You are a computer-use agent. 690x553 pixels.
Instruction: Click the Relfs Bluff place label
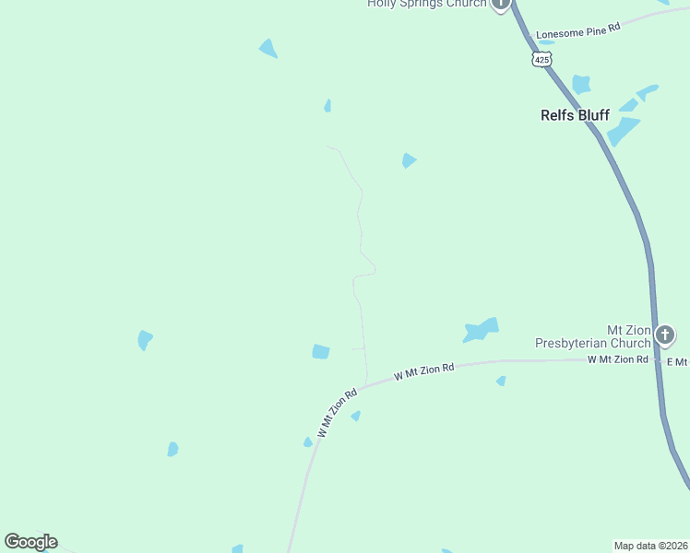coord(575,115)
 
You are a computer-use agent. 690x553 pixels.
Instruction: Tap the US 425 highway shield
coord(541,59)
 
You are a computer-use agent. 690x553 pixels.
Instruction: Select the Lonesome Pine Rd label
coord(578,30)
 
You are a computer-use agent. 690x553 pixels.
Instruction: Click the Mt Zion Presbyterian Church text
coord(592,336)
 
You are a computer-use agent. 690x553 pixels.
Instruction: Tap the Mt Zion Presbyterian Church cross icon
coord(665,334)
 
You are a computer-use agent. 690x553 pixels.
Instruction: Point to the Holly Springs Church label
coord(426,4)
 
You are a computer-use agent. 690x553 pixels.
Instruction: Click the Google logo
coord(30,542)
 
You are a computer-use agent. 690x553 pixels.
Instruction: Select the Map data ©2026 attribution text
coord(650,546)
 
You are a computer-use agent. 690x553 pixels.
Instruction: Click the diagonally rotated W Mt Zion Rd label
coord(337,413)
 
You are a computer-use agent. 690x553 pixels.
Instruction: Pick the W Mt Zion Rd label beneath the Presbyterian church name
coord(617,359)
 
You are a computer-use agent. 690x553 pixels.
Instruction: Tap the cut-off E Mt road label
coord(677,359)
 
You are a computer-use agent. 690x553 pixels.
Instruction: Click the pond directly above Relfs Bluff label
coord(580,85)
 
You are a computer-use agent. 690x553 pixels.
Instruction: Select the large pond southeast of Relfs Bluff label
coord(624,130)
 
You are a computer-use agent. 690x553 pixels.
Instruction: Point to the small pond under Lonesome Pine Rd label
coord(546,42)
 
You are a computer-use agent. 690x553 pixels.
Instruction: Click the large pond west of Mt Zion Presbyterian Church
coord(482,329)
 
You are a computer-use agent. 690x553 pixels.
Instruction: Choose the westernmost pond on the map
coord(144,340)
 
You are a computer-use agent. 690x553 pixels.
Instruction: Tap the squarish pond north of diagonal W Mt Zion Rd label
coord(321,351)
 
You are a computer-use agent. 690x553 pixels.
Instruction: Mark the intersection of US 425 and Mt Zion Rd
coord(657,359)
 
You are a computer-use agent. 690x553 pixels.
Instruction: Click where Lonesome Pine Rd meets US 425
coord(525,37)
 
